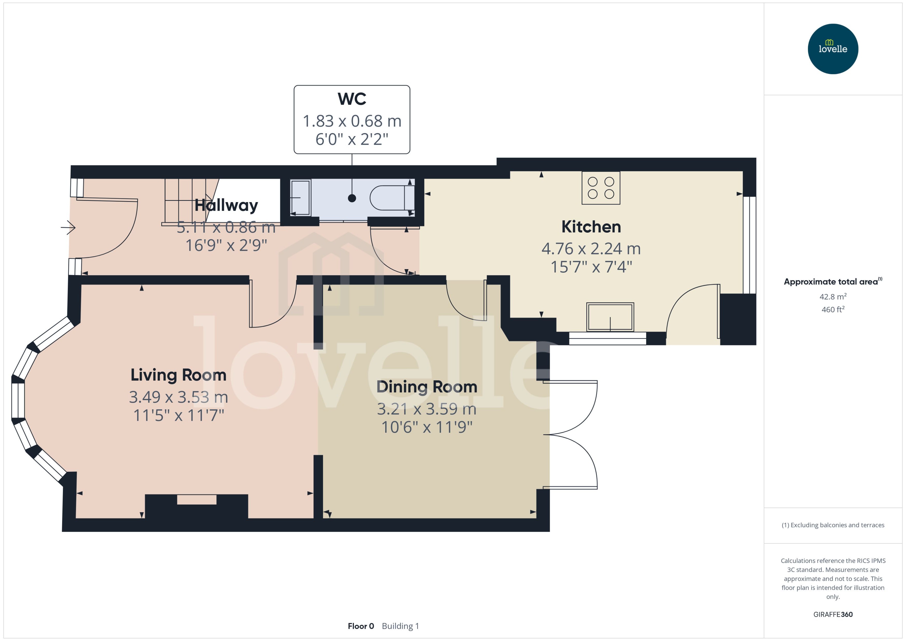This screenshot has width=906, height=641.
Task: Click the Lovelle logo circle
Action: [x=833, y=49]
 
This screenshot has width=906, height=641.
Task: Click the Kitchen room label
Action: [x=591, y=227]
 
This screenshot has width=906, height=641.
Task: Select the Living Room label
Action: [x=178, y=375]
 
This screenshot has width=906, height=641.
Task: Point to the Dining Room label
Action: [x=427, y=387]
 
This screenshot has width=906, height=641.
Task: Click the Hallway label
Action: [x=226, y=205]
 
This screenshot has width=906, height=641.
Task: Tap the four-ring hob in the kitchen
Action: [x=601, y=188]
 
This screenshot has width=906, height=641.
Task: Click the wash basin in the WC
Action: [x=301, y=198]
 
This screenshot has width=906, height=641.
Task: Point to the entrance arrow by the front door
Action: [x=68, y=227]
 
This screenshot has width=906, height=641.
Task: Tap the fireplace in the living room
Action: [x=196, y=506]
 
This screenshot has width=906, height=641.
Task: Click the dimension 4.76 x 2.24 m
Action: [x=591, y=249]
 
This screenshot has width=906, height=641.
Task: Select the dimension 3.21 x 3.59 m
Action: [x=427, y=409]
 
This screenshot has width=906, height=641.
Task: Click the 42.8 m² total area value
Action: [x=833, y=296]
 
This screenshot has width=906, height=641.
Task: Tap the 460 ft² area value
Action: [x=833, y=310]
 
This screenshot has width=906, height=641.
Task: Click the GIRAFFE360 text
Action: [x=833, y=615]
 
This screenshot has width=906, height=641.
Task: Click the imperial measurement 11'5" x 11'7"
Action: [x=178, y=416]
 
